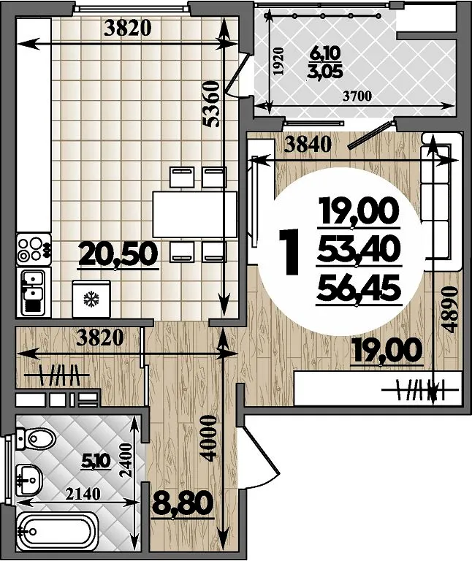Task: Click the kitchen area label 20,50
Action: point(118,254)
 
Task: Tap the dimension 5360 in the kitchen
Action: point(210,104)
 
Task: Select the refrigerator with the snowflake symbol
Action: point(91,299)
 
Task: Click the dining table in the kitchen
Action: point(194,214)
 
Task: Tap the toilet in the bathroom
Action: point(36,438)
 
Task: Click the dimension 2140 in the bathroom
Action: point(83,494)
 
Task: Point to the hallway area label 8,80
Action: point(182,503)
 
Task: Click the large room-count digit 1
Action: point(289,252)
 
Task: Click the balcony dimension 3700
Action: point(357,96)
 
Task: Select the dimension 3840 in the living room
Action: point(308,145)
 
